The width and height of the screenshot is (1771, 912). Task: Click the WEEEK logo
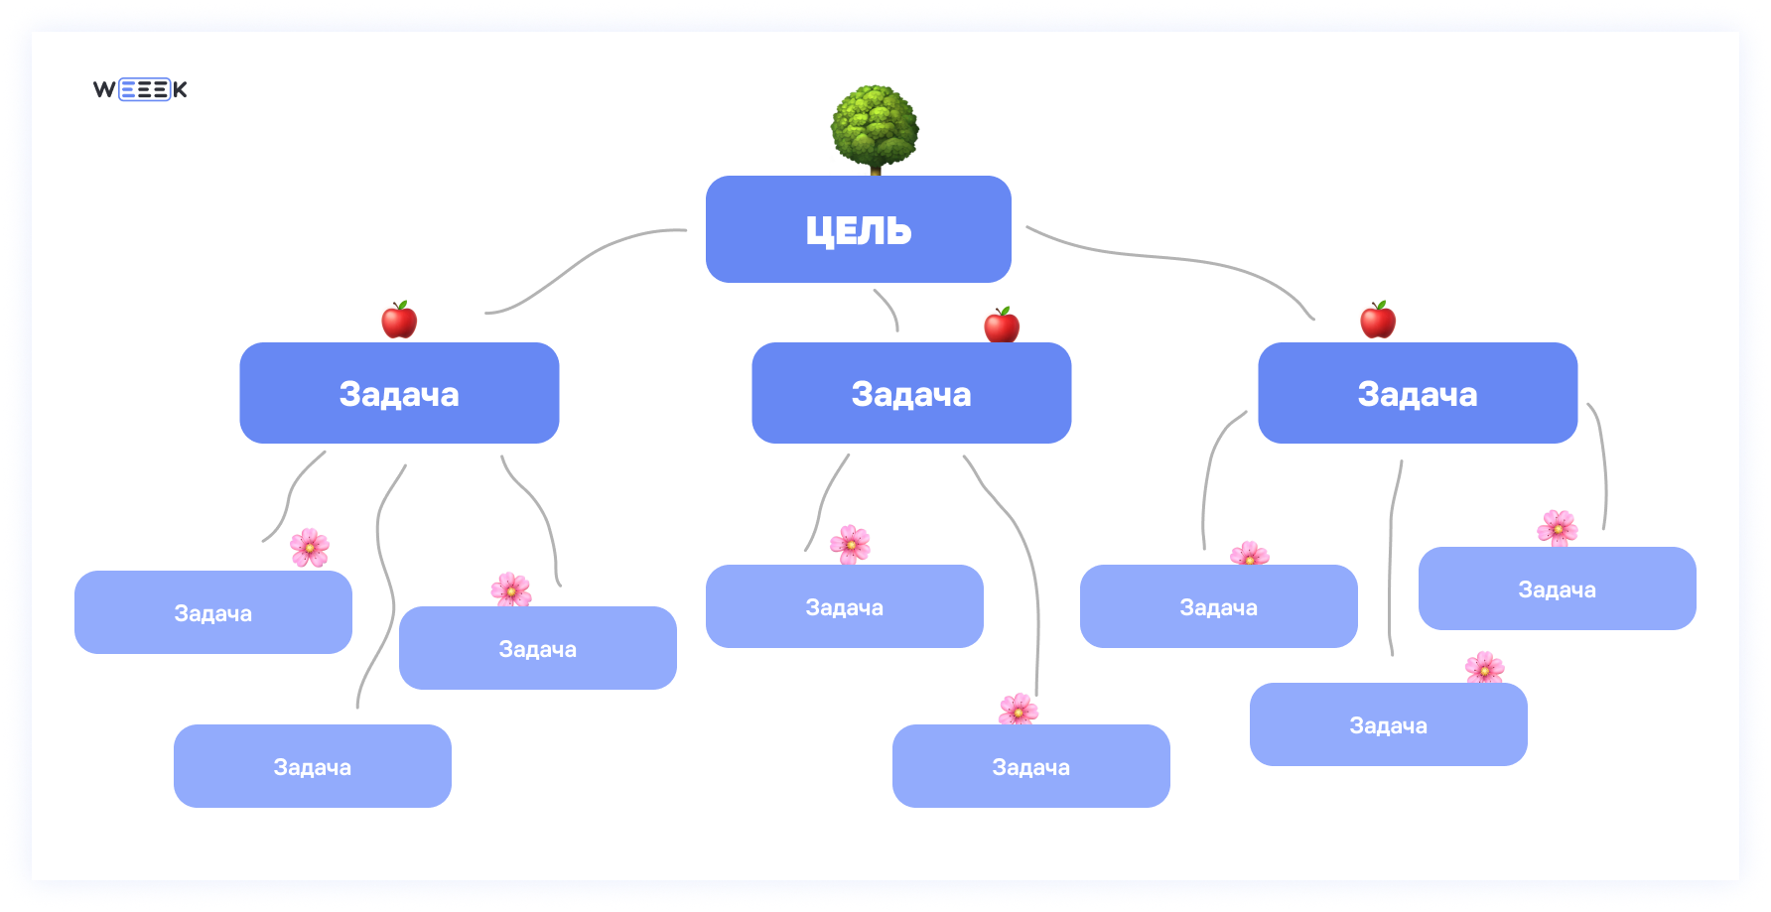click(140, 89)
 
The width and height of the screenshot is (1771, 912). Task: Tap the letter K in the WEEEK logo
click(180, 89)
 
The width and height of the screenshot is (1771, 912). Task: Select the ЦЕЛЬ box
click(859, 229)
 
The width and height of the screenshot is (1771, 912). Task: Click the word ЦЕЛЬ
click(859, 230)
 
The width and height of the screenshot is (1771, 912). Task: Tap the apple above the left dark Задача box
click(399, 320)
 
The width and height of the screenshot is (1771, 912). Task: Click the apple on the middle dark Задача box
click(1002, 325)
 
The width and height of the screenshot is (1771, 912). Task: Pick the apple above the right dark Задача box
click(1378, 320)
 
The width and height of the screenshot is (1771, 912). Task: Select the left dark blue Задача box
click(399, 393)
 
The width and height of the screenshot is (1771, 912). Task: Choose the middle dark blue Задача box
click(911, 393)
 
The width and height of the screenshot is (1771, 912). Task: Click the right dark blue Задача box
click(1418, 393)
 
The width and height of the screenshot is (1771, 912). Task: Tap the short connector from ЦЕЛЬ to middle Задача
click(889, 307)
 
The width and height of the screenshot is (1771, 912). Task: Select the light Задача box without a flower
click(313, 766)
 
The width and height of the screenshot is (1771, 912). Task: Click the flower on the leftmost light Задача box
click(310, 547)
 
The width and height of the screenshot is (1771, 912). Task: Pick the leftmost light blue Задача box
click(213, 612)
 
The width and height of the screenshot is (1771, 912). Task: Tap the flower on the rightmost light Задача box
click(1558, 528)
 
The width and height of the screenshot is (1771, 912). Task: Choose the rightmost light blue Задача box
click(1558, 588)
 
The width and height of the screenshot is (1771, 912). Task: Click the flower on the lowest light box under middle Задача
click(1019, 710)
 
